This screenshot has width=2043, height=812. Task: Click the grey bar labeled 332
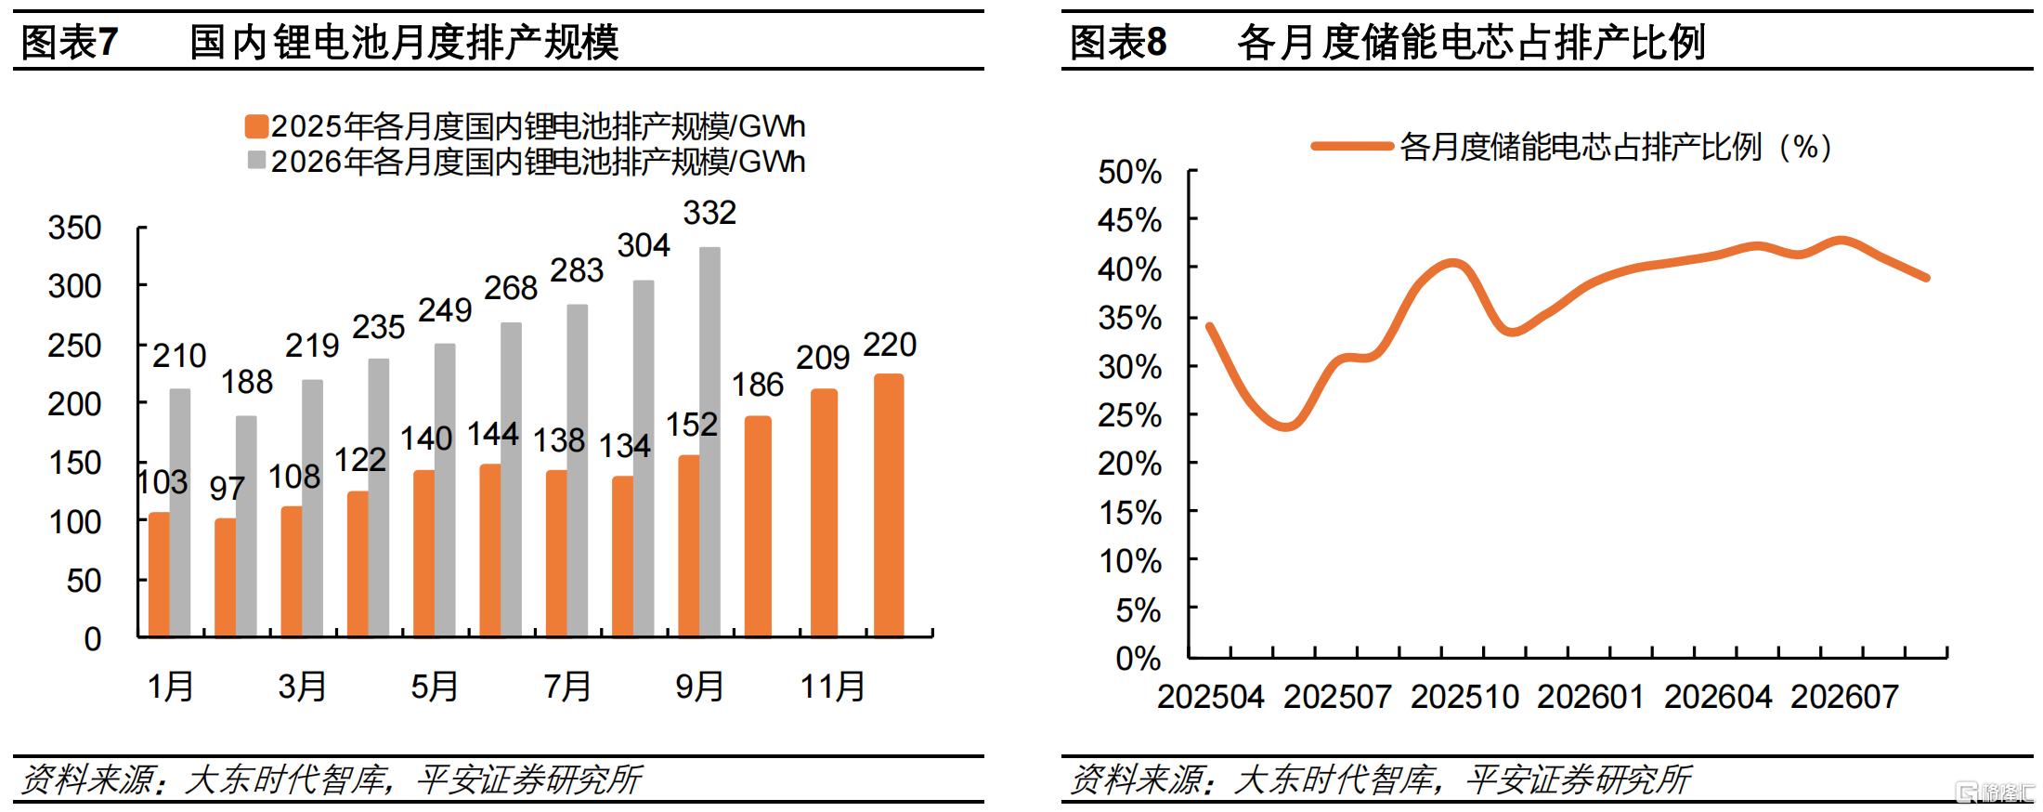[709, 442]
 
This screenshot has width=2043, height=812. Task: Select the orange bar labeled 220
[889, 505]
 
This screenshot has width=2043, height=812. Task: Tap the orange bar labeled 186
[758, 527]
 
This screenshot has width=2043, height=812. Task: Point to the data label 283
[577, 270]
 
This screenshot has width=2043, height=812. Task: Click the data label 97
[227, 488]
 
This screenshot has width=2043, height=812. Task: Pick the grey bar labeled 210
[180, 513]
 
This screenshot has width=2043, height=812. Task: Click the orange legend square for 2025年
[256, 126]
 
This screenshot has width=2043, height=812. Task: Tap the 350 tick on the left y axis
[74, 228]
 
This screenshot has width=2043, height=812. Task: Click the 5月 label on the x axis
[435, 687]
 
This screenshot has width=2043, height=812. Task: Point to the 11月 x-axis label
[833, 687]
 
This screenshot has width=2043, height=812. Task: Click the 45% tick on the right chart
[1129, 220]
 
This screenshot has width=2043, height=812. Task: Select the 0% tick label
[1139, 659]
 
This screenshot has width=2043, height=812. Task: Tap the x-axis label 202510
[1464, 697]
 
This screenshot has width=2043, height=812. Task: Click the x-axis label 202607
[1844, 697]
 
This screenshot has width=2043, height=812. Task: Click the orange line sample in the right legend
[1351, 146]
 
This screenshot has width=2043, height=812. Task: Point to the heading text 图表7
[70, 42]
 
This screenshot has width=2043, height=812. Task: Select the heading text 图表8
[1118, 42]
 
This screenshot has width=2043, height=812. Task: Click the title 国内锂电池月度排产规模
[404, 42]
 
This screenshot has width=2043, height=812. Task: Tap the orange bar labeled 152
[689, 546]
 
